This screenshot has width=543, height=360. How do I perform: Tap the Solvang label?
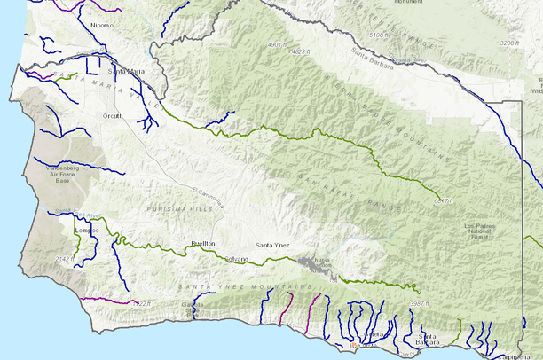(x=236, y=259)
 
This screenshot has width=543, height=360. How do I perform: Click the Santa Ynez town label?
(x=274, y=245)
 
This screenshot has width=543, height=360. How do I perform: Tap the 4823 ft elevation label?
(x=300, y=51)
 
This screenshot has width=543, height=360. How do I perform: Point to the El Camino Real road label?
(x=210, y=189)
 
